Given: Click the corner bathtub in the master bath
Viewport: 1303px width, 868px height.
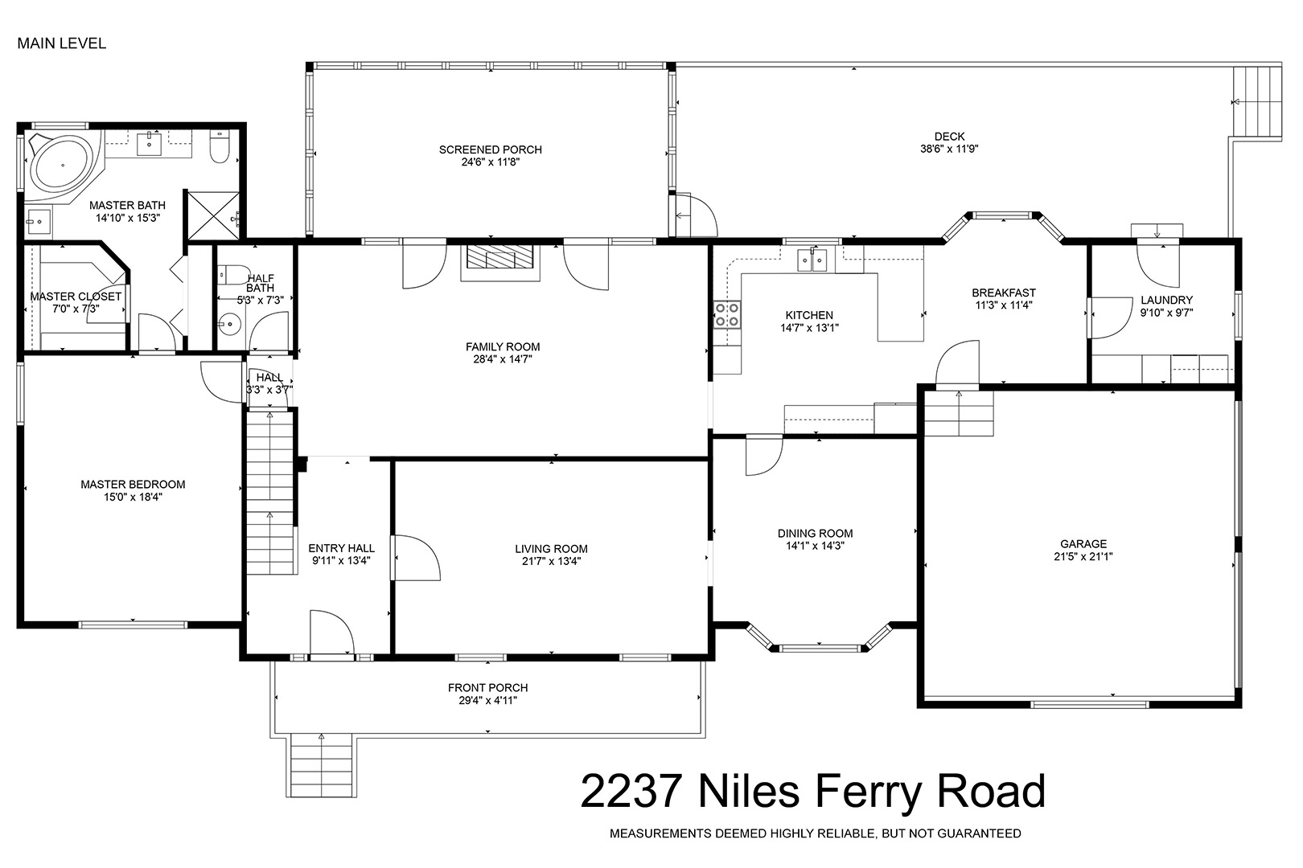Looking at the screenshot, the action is (x=62, y=164).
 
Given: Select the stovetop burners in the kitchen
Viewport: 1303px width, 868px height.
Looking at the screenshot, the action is (x=727, y=314).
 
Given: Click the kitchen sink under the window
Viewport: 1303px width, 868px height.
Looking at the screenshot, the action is (x=812, y=260).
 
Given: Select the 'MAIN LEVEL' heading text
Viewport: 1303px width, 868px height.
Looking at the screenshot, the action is (x=62, y=43).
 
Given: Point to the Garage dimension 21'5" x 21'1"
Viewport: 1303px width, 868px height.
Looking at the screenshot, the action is (x=1083, y=556).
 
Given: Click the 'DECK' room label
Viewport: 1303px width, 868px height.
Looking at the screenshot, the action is (x=949, y=137).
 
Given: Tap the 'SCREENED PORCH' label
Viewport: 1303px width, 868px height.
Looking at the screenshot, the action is (x=491, y=149).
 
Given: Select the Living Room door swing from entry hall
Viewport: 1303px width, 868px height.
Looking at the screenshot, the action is (x=416, y=558).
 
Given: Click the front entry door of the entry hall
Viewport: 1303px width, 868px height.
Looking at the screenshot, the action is (x=331, y=633).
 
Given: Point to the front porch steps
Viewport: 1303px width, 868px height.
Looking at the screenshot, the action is (x=321, y=765).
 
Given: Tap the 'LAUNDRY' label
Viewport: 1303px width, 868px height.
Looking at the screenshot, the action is (x=1166, y=300).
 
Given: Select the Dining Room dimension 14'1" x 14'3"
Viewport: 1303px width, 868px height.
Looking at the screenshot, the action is (x=815, y=546).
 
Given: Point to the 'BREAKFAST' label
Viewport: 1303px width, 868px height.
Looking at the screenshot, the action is (x=1004, y=293).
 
